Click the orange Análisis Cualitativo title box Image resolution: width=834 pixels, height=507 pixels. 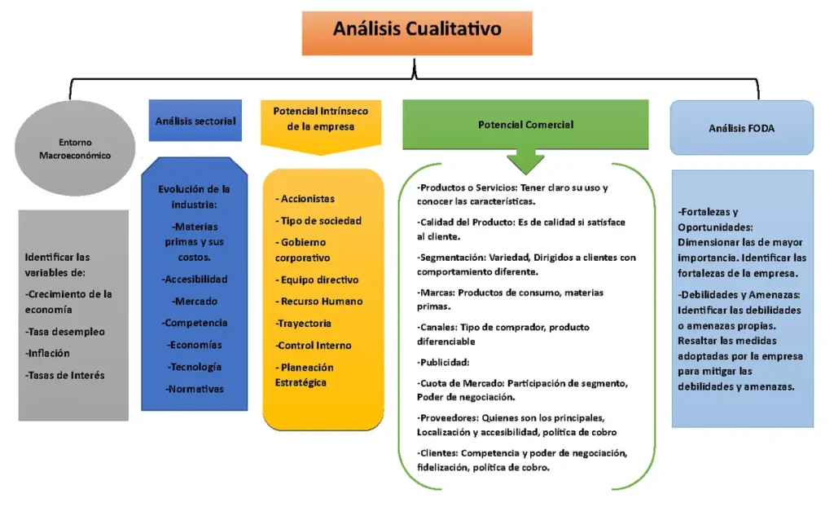coord(417,33)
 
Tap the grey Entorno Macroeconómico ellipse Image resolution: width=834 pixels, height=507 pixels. coord(75,148)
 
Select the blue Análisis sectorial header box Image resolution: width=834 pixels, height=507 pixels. coord(195,121)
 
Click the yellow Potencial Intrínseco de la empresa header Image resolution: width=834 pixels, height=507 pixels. coord(321,126)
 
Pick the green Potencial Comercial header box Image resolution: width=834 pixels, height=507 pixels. coord(525,125)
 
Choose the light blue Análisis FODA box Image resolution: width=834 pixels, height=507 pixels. coord(741,128)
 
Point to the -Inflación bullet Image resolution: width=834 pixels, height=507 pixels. coord(47,353)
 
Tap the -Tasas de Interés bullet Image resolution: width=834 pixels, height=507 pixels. coord(65,375)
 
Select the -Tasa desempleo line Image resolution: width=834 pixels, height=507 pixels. coord(65,331)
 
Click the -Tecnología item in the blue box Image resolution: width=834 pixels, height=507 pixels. coord(195,367)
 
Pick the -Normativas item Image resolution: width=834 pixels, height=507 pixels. coord(194,389)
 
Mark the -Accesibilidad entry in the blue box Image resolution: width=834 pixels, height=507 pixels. coord(195,279)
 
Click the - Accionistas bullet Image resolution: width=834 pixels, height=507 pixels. coord(305,199)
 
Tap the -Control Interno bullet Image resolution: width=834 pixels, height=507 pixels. coord(314,345)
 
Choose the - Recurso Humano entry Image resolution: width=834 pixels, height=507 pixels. coord(319,301)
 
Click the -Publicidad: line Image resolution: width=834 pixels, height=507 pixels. coord(443,362)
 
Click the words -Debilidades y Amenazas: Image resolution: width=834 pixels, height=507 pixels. coord(739,294)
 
